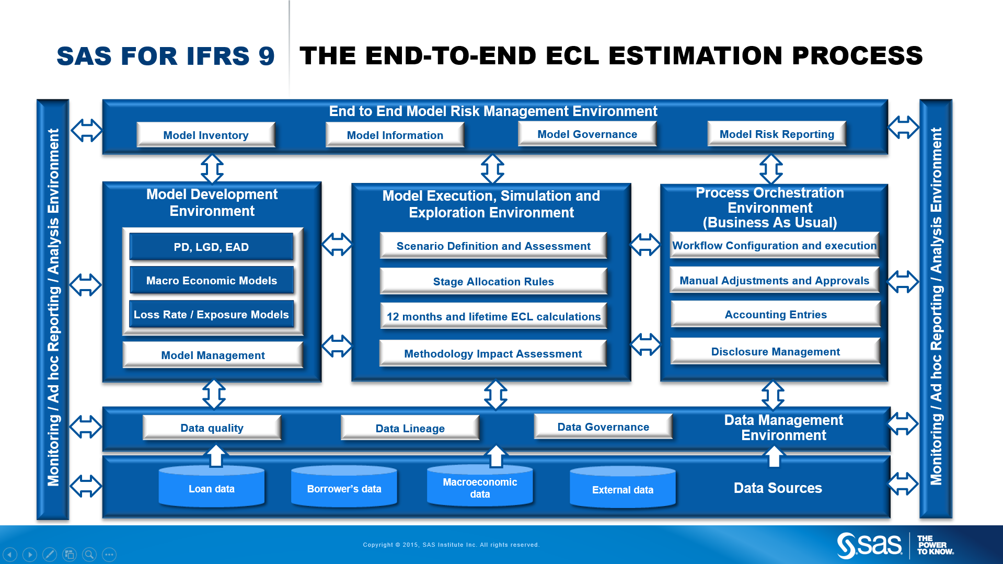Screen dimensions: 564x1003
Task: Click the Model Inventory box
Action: pyautogui.click(x=206, y=135)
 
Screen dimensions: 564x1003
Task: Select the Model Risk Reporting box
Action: pyautogui.click(x=777, y=134)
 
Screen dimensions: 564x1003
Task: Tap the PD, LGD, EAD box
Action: pyautogui.click(x=211, y=247)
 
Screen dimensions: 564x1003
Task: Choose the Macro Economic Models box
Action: pyautogui.click(x=211, y=281)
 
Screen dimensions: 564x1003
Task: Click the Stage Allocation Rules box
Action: pyautogui.click(x=493, y=281)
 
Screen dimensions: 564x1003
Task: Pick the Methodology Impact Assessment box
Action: pyautogui.click(x=493, y=353)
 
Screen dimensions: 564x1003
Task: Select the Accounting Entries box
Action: pyautogui.click(x=776, y=314)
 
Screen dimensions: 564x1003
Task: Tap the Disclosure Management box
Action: pyautogui.click(x=776, y=351)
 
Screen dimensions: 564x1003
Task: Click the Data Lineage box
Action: pyautogui.click(x=410, y=428)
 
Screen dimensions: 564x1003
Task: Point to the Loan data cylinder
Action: pyautogui.click(x=212, y=487)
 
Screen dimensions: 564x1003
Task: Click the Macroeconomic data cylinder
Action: pyautogui.click(x=480, y=487)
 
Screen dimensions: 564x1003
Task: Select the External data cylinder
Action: pyautogui.click(x=622, y=488)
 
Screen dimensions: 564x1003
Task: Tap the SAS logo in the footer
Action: pyautogui.click(x=870, y=545)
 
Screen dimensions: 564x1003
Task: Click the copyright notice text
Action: pyautogui.click(x=451, y=545)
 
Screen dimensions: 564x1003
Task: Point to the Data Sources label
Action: pyautogui.click(x=778, y=488)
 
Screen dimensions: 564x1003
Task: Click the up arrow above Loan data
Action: pyautogui.click(x=216, y=455)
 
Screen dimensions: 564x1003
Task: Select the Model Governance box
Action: pyautogui.click(x=587, y=134)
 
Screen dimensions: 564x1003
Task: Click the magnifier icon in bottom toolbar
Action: pyautogui.click(x=89, y=554)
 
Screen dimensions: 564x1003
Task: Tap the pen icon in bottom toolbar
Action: pyautogui.click(x=50, y=554)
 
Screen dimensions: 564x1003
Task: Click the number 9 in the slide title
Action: pyautogui.click(x=266, y=56)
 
